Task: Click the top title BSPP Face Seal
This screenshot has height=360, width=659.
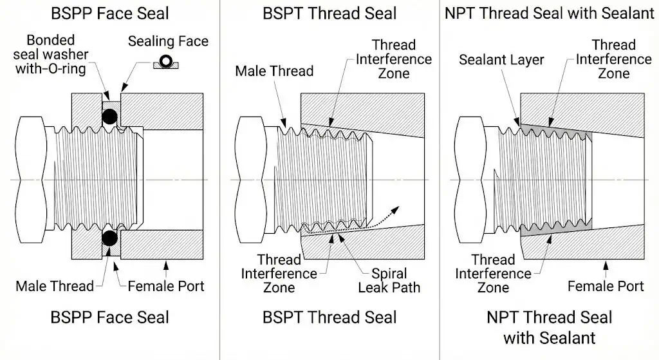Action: click(109, 13)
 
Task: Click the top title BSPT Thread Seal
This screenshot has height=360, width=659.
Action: click(329, 13)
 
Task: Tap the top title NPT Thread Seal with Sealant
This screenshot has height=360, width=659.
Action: click(549, 13)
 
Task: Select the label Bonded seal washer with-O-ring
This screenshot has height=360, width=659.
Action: click(50, 54)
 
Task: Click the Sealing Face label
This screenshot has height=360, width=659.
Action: click(169, 41)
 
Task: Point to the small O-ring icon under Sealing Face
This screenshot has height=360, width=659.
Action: click(165, 62)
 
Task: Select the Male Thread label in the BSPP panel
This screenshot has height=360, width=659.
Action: click(55, 285)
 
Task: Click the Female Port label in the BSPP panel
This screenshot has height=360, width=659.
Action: click(166, 285)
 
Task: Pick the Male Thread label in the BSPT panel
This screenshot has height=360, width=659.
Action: click(274, 70)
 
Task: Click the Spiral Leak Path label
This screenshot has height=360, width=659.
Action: click(389, 279)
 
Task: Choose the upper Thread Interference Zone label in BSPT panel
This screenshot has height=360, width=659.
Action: click(394, 59)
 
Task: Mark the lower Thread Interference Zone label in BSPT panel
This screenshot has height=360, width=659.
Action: click(279, 274)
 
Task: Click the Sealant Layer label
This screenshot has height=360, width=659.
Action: click(502, 60)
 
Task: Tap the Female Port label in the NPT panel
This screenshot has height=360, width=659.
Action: click(606, 285)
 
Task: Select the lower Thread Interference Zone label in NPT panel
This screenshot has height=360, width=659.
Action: click(493, 274)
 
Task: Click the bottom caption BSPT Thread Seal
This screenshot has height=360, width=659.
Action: click(329, 317)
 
